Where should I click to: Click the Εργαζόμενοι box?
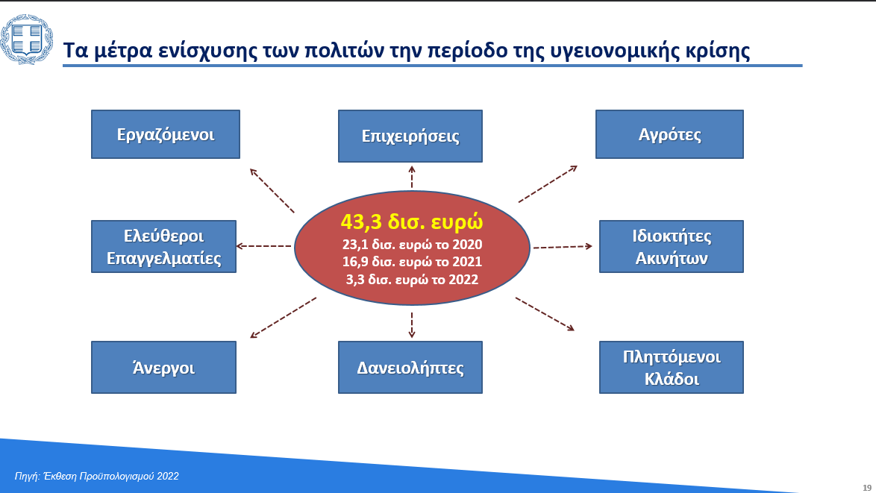click(x=166, y=134)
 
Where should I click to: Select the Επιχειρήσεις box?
click(x=410, y=136)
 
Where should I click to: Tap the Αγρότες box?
click(x=669, y=134)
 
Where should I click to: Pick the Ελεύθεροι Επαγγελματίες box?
click(x=163, y=246)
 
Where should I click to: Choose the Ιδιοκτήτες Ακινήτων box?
click(x=672, y=246)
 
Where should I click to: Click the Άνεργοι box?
click(x=163, y=368)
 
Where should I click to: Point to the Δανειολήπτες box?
click(x=410, y=368)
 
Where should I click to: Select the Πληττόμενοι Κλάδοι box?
click(x=672, y=368)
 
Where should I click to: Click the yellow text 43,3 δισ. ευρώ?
click(x=412, y=222)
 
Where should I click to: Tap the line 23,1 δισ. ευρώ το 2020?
click(x=413, y=245)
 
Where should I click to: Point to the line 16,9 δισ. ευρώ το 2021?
click(x=413, y=262)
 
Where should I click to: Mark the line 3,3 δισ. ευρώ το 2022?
click(x=413, y=279)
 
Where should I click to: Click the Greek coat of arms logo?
click(x=26, y=40)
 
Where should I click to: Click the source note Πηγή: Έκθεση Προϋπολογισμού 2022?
click(x=97, y=477)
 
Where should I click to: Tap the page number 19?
click(x=867, y=488)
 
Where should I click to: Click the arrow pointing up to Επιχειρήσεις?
click(x=412, y=177)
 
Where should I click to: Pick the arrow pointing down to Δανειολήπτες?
click(x=412, y=325)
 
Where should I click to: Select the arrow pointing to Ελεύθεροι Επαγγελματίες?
click(x=263, y=245)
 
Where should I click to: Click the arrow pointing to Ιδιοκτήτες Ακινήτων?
click(x=563, y=246)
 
